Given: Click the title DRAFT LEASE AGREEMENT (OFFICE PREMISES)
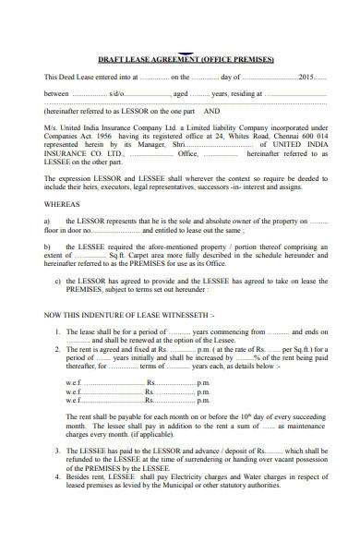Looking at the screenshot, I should point(186,59).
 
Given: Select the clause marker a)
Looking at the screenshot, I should point(47,222).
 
